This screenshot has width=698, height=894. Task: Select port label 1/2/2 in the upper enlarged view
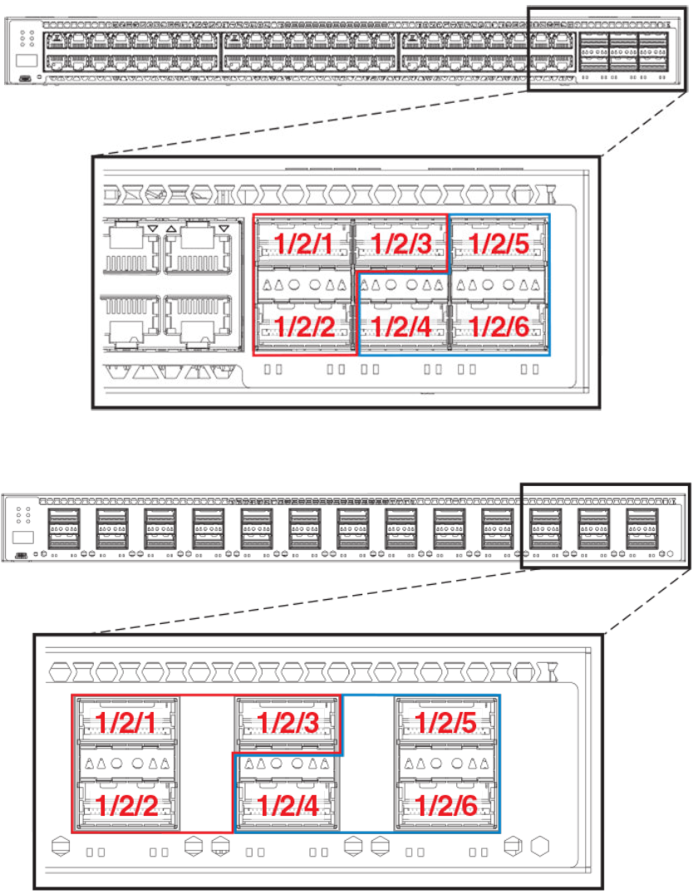point(304,327)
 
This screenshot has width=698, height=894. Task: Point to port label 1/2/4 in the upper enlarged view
point(401,327)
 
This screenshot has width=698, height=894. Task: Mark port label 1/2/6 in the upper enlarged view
point(498,327)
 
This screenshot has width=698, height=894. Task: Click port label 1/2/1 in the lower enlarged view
point(126,722)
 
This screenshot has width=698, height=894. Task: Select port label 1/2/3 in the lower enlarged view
point(287,722)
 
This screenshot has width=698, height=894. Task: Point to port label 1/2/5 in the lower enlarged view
point(447,722)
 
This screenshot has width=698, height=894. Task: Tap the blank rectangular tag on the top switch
point(26,61)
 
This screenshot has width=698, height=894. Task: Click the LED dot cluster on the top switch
point(26,38)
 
